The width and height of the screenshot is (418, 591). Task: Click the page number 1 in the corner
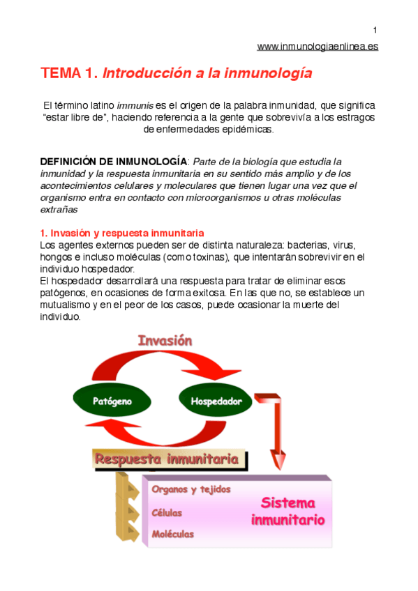click(375, 29)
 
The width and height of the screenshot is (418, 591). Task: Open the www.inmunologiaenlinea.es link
click(318, 47)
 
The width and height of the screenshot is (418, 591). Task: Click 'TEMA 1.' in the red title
click(69, 73)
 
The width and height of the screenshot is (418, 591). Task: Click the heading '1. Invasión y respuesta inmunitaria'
click(121, 233)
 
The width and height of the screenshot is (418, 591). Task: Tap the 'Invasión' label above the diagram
click(165, 341)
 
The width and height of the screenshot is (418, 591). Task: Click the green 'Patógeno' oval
click(112, 401)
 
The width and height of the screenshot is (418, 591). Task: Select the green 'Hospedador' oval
click(216, 401)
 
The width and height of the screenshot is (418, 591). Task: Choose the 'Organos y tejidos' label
click(191, 489)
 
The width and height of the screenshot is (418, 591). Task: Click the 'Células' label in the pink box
click(167, 512)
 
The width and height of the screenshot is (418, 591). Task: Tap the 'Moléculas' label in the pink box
click(172, 535)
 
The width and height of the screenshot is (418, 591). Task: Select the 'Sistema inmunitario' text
click(287, 511)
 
